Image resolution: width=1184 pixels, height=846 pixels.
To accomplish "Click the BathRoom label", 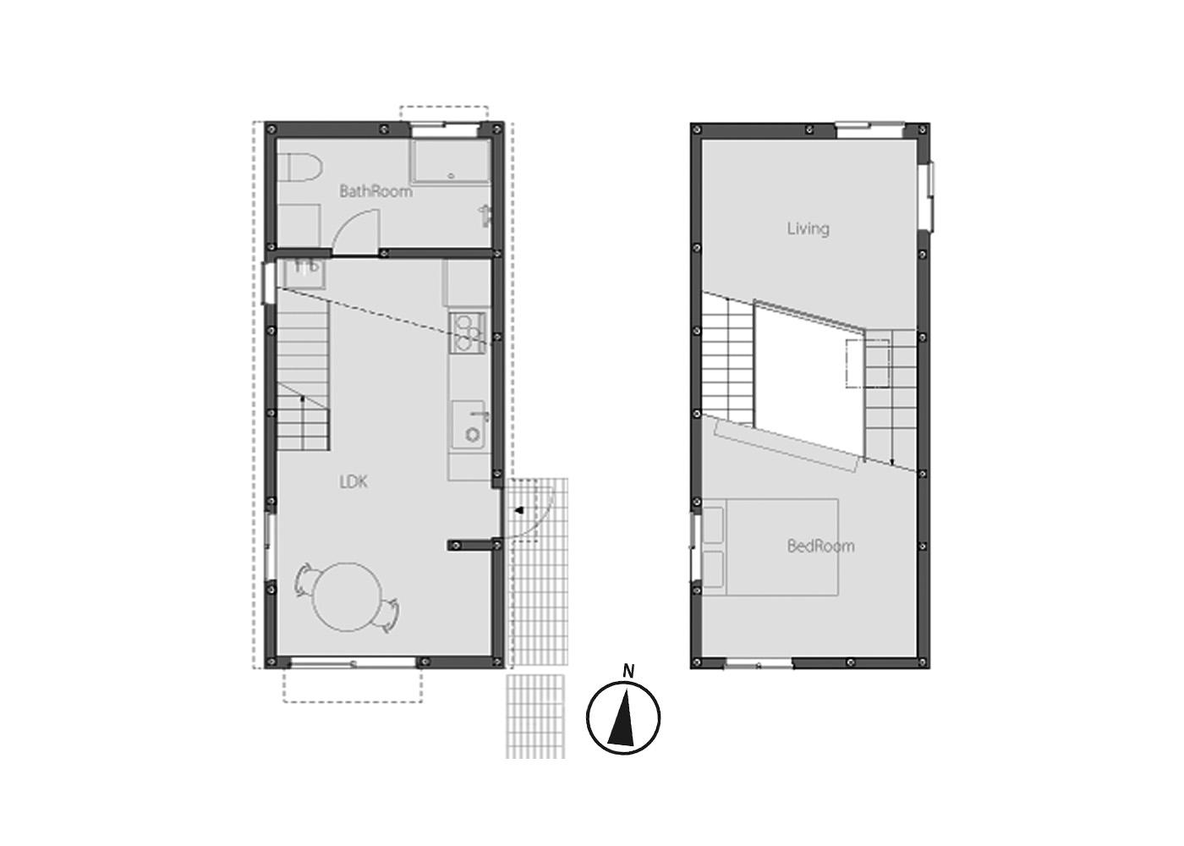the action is tap(375, 191).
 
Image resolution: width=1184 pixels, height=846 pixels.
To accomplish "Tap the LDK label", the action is tap(354, 481).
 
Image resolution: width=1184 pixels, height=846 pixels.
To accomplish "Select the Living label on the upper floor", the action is tap(809, 228).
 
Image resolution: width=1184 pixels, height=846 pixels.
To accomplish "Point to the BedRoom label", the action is tap(820, 546).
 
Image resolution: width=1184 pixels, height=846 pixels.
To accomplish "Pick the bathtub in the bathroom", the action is tap(450, 162).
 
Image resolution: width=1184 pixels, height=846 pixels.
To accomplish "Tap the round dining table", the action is tap(347, 597).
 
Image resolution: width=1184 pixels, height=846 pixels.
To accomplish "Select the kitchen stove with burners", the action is tap(467, 333).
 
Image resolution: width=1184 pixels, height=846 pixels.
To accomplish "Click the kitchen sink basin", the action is tap(469, 425).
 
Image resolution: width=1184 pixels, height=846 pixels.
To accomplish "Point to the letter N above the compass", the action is tap(628, 671).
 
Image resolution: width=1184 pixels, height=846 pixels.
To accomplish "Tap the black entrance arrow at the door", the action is tap(519, 511).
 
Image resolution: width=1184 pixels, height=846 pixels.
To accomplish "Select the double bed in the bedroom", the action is tap(770, 547).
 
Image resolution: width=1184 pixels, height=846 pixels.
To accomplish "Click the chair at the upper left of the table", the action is tap(304, 580).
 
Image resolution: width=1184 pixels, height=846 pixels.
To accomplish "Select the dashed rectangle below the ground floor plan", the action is tap(353, 684).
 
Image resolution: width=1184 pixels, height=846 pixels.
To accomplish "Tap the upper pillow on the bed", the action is tap(713, 525).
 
